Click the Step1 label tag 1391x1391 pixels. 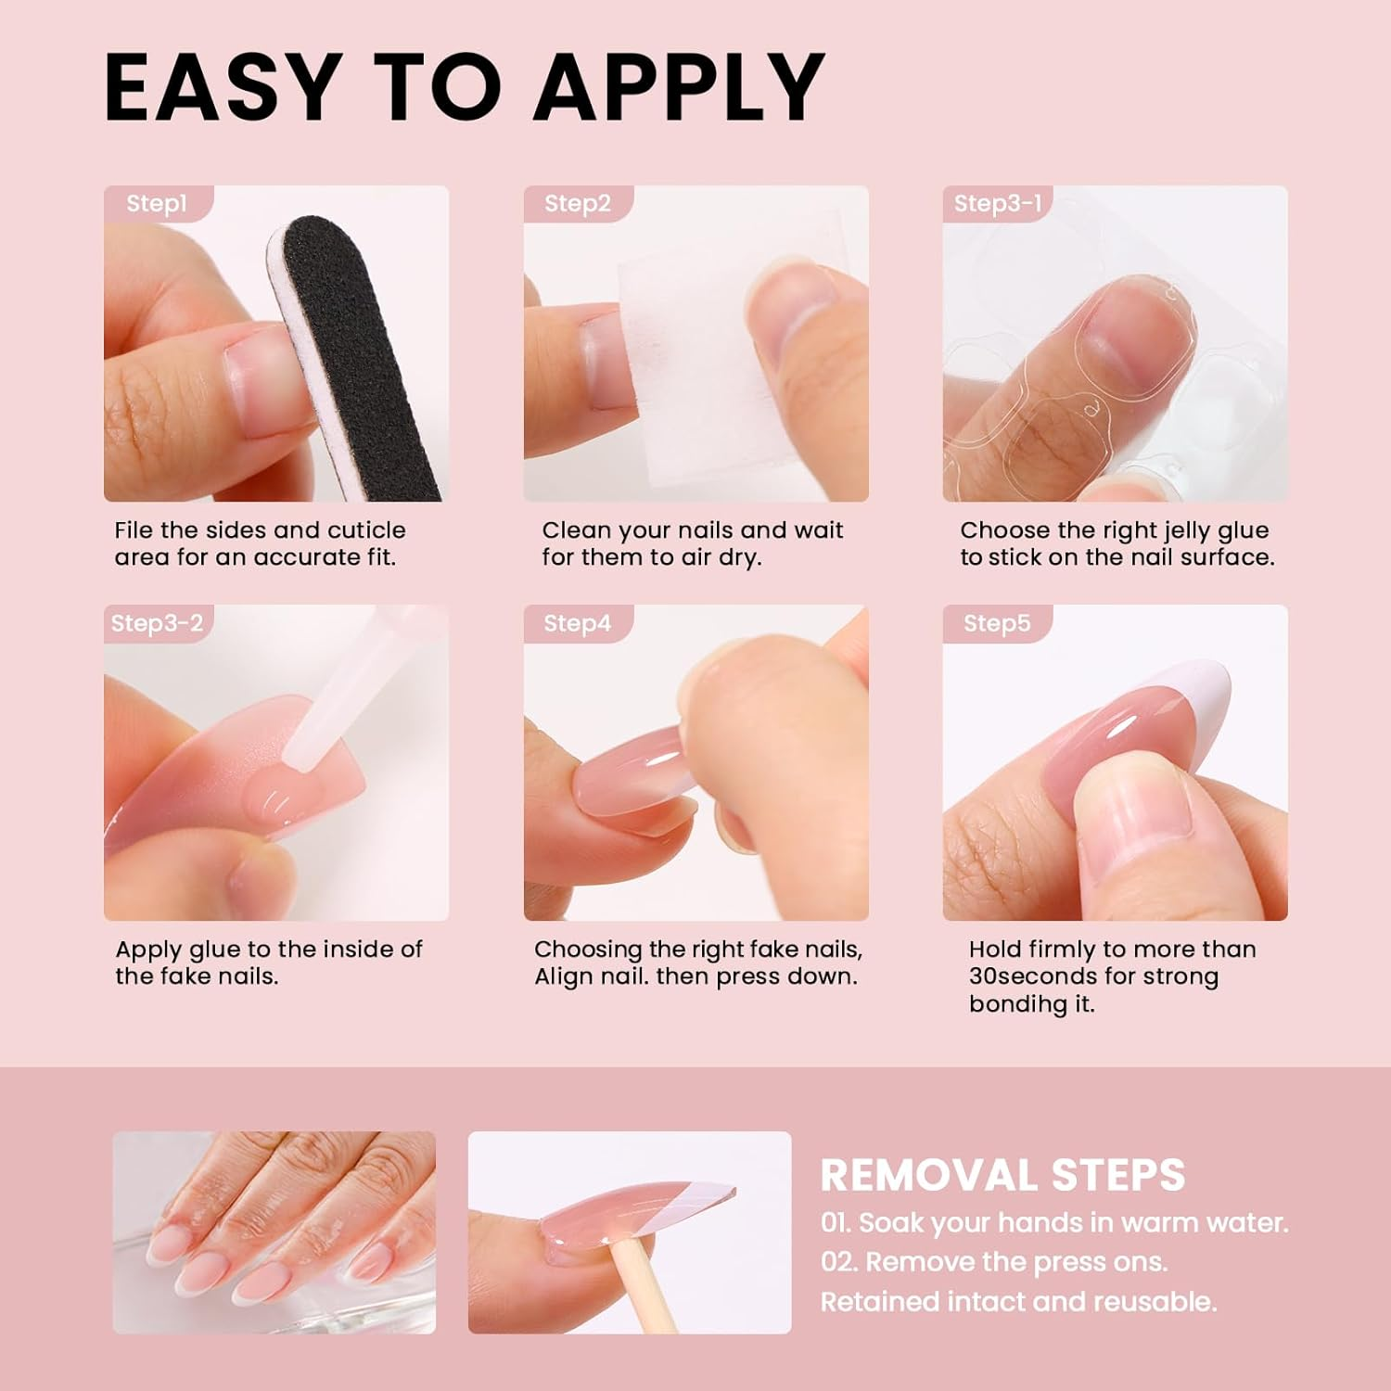pyautogui.click(x=159, y=203)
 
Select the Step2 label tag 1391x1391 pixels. pyautogui.click(x=578, y=203)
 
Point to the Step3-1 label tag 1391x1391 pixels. pyautogui.click(x=998, y=203)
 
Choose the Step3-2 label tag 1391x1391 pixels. pyautogui.click(x=157, y=623)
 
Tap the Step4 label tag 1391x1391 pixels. pyautogui.click(x=578, y=623)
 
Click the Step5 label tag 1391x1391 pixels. pyautogui.click(x=997, y=623)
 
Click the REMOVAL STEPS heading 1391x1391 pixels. pyautogui.click(x=1002, y=1175)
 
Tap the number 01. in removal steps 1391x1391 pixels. pyautogui.click(x=836, y=1222)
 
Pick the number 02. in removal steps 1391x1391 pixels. pyautogui.click(x=838, y=1262)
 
